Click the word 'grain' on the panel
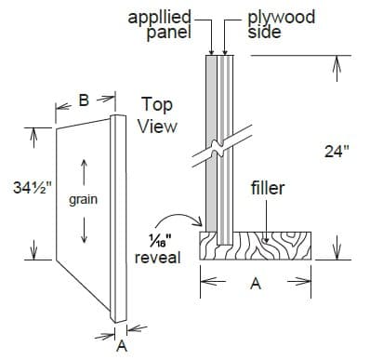(x=84, y=199)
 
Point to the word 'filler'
(x=268, y=189)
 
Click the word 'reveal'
(x=157, y=257)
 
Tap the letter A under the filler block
(x=257, y=287)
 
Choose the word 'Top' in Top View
(x=155, y=104)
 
